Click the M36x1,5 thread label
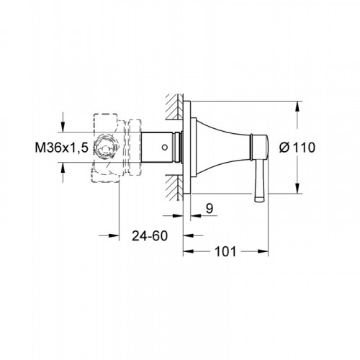point(62,148)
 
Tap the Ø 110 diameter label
point(297,147)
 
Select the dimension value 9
point(210,208)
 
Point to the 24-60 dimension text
point(150,235)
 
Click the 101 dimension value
point(225,251)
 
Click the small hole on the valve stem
point(164,147)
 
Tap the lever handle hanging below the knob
point(260,181)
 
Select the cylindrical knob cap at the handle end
point(259,147)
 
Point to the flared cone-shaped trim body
point(223,147)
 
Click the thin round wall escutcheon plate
point(187,147)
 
